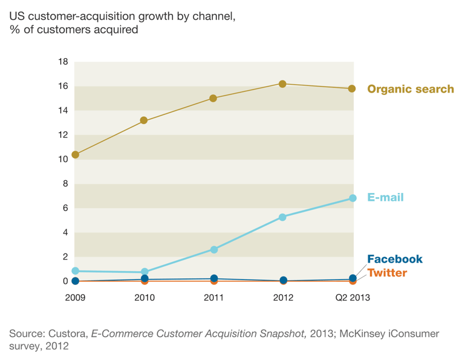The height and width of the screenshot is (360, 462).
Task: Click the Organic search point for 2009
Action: point(75,155)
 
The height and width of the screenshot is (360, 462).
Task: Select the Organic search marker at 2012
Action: point(282,83)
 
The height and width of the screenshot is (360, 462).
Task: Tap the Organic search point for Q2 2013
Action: point(352,89)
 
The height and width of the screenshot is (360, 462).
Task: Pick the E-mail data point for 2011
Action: point(213,249)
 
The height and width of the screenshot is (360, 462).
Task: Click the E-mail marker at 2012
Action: point(282,217)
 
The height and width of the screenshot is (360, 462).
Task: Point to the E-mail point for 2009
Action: point(75,271)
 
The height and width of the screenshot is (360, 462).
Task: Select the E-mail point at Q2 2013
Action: point(352,198)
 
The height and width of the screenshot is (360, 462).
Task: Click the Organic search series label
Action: point(410,90)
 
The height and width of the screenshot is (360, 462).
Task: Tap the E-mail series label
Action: point(385,198)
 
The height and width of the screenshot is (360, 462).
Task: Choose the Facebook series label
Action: point(394,260)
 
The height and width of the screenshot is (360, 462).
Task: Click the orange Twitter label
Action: point(387,273)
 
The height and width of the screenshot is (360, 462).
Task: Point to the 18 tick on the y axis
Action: point(63,62)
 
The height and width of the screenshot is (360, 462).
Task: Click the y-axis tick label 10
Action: point(63,160)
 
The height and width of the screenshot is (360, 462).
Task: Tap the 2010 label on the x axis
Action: point(145,297)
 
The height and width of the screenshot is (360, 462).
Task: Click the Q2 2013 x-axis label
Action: point(352,297)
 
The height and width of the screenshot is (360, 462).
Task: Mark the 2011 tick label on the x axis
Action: point(213,297)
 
